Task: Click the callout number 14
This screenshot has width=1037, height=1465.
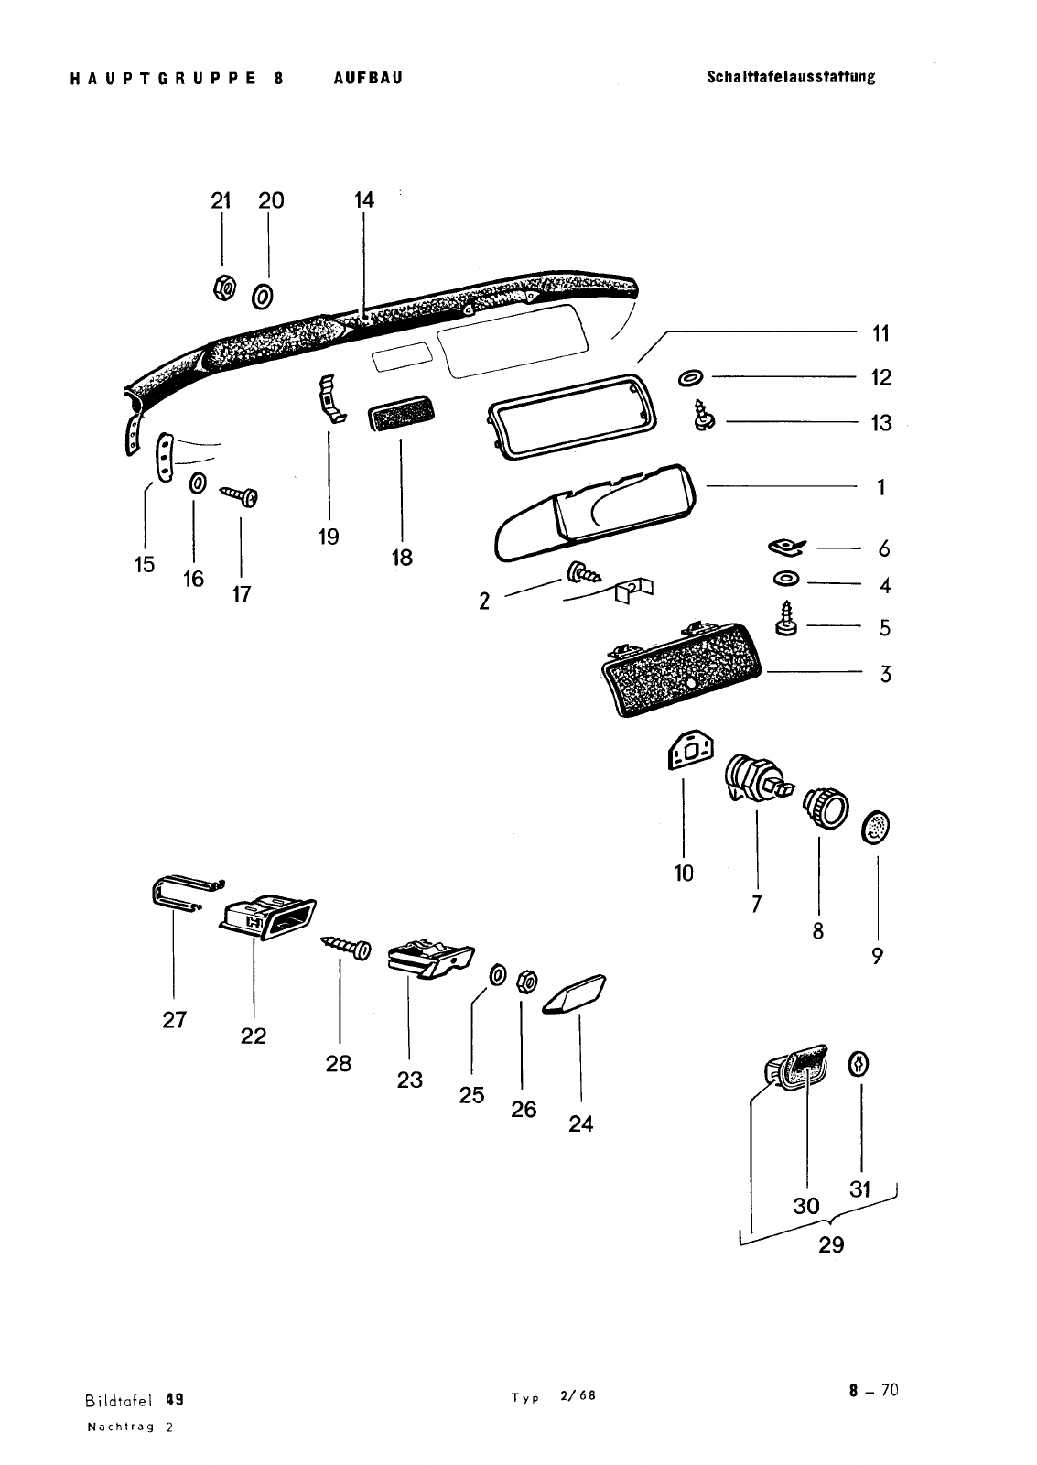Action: point(364,200)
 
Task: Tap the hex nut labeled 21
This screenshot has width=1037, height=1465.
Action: point(222,288)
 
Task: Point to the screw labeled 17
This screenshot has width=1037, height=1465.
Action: point(243,496)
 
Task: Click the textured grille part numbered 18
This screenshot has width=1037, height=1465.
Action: point(402,419)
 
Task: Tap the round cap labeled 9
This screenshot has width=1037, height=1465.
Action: point(877,830)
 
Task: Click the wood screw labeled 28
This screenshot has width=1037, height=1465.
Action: point(347,948)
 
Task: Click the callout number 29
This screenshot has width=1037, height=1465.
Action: point(831,1245)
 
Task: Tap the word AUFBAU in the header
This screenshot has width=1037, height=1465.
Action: point(368,78)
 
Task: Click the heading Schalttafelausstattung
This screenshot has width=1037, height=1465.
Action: point(791,77)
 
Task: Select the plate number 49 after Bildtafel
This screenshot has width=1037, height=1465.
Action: point(176,1399)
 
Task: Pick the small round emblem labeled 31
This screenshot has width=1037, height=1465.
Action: point(859,1064)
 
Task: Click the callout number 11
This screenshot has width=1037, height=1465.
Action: point(880,333)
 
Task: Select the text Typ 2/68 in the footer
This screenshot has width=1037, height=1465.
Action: point(554,1396)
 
